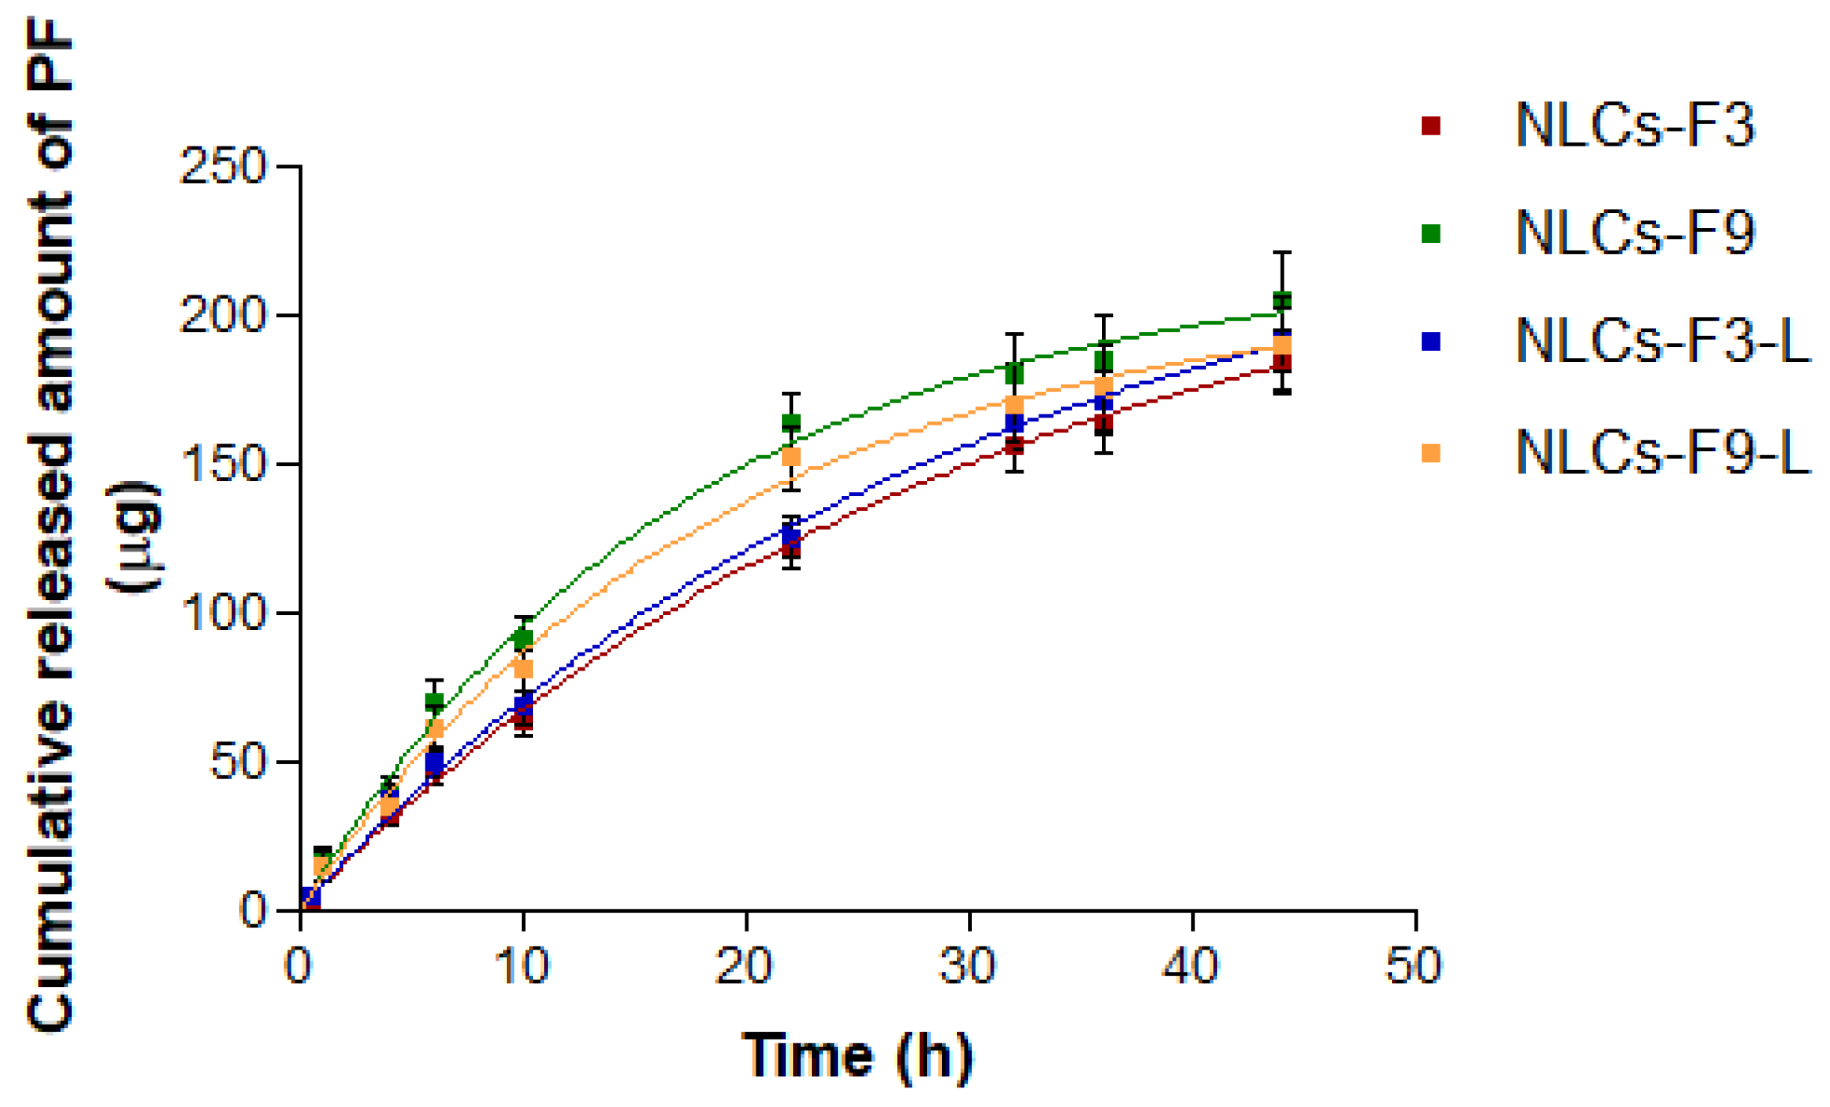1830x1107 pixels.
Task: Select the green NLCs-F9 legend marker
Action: click(1430, 233)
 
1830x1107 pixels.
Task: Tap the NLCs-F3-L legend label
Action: click(1662, 342)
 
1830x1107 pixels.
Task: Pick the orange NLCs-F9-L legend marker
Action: click(1430, 453)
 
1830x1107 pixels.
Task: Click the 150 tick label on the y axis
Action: click(223, 465)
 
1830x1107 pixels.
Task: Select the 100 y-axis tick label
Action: click(223, 613)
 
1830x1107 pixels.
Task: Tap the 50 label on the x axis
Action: click(1413, 965)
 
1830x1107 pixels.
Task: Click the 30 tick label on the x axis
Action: click(967, 965)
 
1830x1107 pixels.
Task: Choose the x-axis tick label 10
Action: click(522, 965)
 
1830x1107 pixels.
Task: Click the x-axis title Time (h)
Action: click(857, 1056)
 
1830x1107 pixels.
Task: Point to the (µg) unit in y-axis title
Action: click(133, 538)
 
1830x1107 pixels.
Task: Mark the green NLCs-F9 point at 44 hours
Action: click(1281, 300)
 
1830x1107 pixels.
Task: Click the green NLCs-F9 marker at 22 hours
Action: click(792, 422)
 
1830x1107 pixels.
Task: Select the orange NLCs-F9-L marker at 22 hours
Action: click(792, 457)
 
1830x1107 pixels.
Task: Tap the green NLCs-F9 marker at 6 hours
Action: click(434, 701)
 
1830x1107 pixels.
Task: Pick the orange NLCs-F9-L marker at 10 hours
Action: click(524, 668)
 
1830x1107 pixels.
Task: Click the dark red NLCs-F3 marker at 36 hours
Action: click(1103, 425)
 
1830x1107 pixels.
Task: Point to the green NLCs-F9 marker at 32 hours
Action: click(1014, 374)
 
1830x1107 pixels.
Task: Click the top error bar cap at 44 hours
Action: click(1281, 252)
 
